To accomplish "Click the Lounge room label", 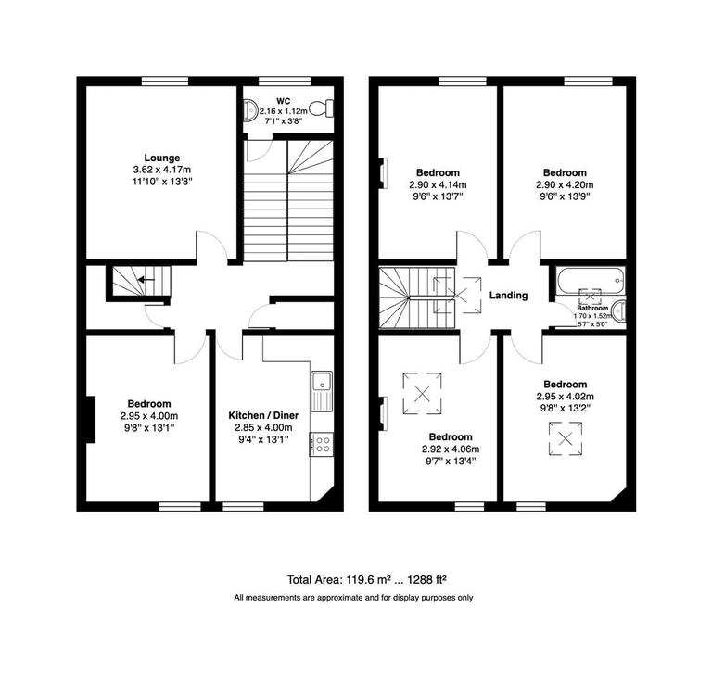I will [161, 158].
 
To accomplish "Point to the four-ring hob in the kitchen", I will [322, 443].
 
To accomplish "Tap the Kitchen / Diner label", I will [261, 415].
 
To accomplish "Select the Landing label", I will [508, 296].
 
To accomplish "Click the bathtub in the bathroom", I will [591, 278].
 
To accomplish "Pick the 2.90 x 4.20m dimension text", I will [565, 184].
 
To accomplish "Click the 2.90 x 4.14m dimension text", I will [438, 184].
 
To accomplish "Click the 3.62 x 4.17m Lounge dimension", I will [161, 170].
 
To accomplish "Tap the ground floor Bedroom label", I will [148, 403].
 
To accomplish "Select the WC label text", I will [282, 99].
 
